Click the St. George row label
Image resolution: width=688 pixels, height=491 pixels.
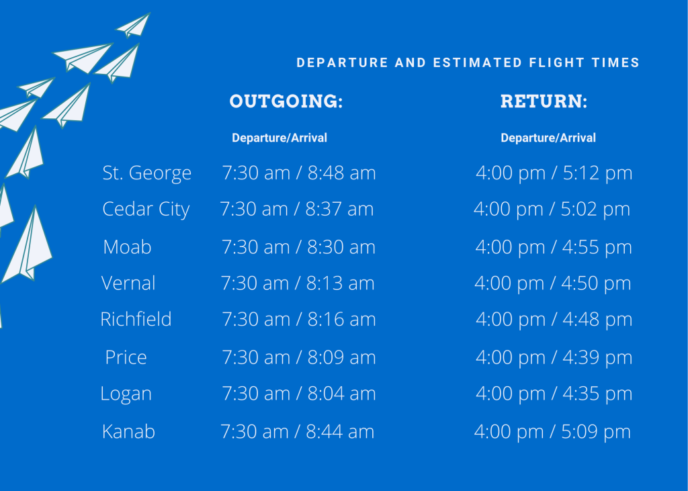[147, 173]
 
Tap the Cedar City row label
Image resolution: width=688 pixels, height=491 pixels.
[146, 210]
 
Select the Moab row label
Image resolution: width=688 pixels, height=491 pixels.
[127, 247]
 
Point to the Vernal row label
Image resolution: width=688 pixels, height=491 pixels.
[128, 283]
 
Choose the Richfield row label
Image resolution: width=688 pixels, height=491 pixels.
[136, 319]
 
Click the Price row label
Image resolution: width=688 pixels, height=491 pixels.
[126, 357]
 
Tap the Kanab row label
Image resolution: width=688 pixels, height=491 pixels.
[128, 431]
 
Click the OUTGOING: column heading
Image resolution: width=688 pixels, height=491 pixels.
[286, 101]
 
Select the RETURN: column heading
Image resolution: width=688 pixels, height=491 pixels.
[544, 101]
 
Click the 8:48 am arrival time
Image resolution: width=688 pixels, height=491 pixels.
[341, 173]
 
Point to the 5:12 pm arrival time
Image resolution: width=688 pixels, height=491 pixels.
[597, 173]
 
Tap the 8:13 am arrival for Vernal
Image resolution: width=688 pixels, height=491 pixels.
[340, 283]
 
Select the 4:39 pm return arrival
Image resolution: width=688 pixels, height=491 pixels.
[597, 357]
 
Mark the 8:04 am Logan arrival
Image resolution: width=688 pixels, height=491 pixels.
[341, 394]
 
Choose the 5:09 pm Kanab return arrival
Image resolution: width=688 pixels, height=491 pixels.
[596, 432]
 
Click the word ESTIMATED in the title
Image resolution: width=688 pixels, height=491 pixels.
[478, 62]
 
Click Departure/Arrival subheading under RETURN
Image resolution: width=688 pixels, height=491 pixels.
[548, 138]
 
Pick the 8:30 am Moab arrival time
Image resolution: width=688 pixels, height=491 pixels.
[341, 247]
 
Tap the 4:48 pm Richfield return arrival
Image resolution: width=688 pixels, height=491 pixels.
[597, 320]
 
